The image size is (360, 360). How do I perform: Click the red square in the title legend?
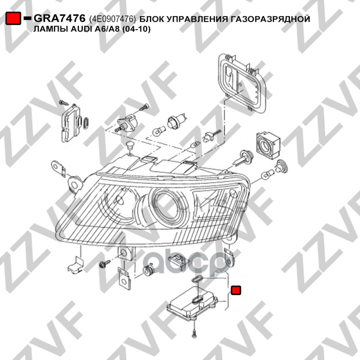(13, 18)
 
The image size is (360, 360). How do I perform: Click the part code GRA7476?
(59, 18)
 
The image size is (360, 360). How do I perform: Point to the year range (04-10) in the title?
(136, 29)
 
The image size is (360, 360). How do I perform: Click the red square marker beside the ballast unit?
(235, 290)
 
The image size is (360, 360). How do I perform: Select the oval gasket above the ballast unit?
(197, 279)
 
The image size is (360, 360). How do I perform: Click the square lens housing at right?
(268, 145)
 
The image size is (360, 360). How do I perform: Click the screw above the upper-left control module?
(63, 103)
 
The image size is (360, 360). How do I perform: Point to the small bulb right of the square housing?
(267, 173)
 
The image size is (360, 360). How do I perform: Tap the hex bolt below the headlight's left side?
(105, 264)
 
